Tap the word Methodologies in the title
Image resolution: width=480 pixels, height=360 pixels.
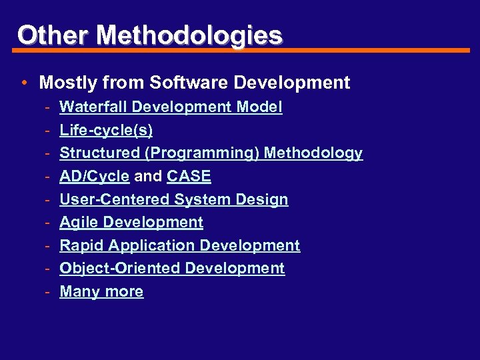click(x=189, y=35)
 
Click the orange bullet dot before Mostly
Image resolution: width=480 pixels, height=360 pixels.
click(x=23, y=83)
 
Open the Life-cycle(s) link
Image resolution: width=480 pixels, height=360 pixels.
click(x=106, y=130)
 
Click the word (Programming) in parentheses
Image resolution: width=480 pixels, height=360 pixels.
click(x=203, y=153)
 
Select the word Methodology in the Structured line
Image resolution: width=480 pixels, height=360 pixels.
click(x=313, y=153)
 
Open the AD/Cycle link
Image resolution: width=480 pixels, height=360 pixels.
click(x=94, y=177)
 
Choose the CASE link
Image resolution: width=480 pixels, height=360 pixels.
click(x=189, y=177)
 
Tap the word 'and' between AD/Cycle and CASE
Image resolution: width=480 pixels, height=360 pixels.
click(x=148, y=177)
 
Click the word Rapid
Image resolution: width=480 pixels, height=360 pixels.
click(x=81, y=245)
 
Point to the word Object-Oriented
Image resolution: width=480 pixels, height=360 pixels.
click(x=120, y=268)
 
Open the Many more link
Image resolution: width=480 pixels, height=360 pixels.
click(x=101, y=291)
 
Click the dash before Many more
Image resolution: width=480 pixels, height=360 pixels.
click(x=49, y=291)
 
